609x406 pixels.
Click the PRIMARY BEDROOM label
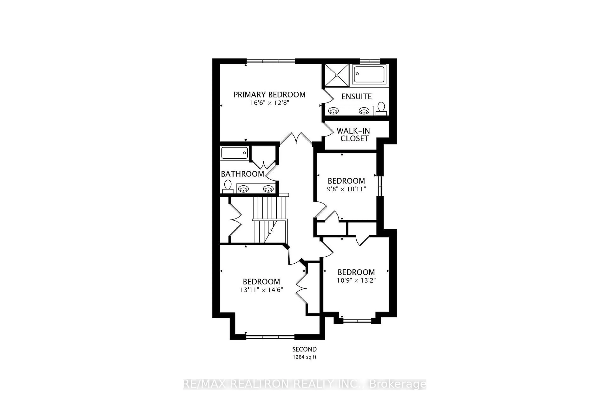[x=269, y=95]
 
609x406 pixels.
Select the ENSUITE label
[x=356, y=97]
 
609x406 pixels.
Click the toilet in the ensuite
[x=381, y=108]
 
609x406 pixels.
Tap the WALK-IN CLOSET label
[x=354, y=135]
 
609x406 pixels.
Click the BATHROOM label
[x=242, y=174]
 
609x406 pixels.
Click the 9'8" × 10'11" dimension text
[x=346, y=189]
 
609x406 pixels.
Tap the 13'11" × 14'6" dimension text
[x=261, y=290]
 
